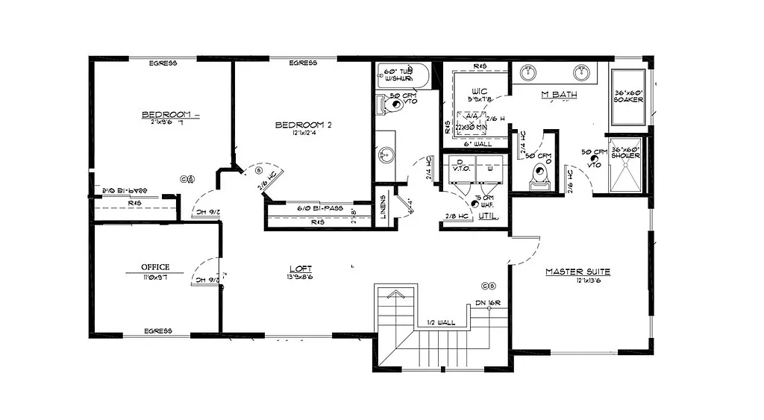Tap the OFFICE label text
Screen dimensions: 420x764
pos(156,267)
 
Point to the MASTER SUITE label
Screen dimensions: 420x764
pos(577,272)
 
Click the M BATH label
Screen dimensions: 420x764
pos(555,94)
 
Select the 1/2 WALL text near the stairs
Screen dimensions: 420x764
pos(441,322)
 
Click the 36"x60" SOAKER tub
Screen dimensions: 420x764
pos(628,97)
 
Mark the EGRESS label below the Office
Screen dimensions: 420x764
pos(158,330)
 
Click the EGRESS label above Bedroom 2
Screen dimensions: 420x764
pos(303,63)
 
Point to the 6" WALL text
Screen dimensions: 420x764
pos(477,144)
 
